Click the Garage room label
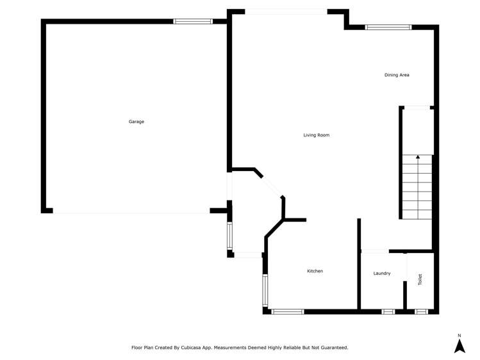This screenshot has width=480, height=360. pos(136,122)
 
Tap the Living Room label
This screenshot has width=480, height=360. pos(316,135)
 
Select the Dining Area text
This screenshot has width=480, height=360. pos(397,75)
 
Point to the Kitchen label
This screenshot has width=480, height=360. pos(315,272)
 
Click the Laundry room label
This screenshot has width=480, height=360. pos(382,274)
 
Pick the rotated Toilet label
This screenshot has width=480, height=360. pos(420,280)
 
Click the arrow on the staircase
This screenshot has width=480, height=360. pos(418,157)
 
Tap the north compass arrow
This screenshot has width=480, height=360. pos(459,346)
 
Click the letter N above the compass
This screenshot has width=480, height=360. pos(459,336)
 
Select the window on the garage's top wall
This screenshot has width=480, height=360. pos(193,21)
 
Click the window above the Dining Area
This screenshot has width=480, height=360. pos(388,27)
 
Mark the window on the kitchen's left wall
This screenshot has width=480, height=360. pos(265,290)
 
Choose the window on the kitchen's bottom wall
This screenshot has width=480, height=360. pos(288,312)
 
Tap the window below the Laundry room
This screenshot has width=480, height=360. pos(388,312)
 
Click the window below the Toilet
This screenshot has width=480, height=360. pos(421,312)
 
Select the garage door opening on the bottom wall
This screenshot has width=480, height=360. pos(131,212)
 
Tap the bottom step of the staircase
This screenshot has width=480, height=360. pos(418,215)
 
